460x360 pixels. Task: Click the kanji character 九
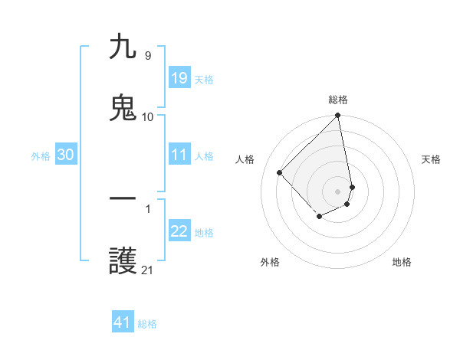click(x=123, y=47)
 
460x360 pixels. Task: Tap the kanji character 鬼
click(x=123, y=107)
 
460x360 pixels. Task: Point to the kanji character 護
click(x=123, y=261)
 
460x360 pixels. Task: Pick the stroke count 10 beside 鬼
click(x=147, y=116)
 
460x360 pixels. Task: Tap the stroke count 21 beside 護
click(x=147, y=270)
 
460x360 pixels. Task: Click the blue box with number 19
click(x=179, y=78)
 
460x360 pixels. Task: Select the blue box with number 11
click(x=179, y=155)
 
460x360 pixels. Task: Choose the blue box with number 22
click(x=179, y=231)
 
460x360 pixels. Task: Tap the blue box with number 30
click(x=65, y=155)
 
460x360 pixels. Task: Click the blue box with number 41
click(x=123, y=322)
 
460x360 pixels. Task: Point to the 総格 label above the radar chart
click(x=338, y=100)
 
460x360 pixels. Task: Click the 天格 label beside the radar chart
click(x=431, y=159)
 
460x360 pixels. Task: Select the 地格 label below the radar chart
click(x=402, y=262)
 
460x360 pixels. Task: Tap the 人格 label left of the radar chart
click(x=245, y=159)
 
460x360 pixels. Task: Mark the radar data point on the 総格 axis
click(x=338, y=116)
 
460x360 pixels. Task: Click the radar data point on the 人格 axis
click(x=280, y=172)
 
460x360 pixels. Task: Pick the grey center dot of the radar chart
click(x=338, y=191)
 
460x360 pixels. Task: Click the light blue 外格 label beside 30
click(x=41, y=155)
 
